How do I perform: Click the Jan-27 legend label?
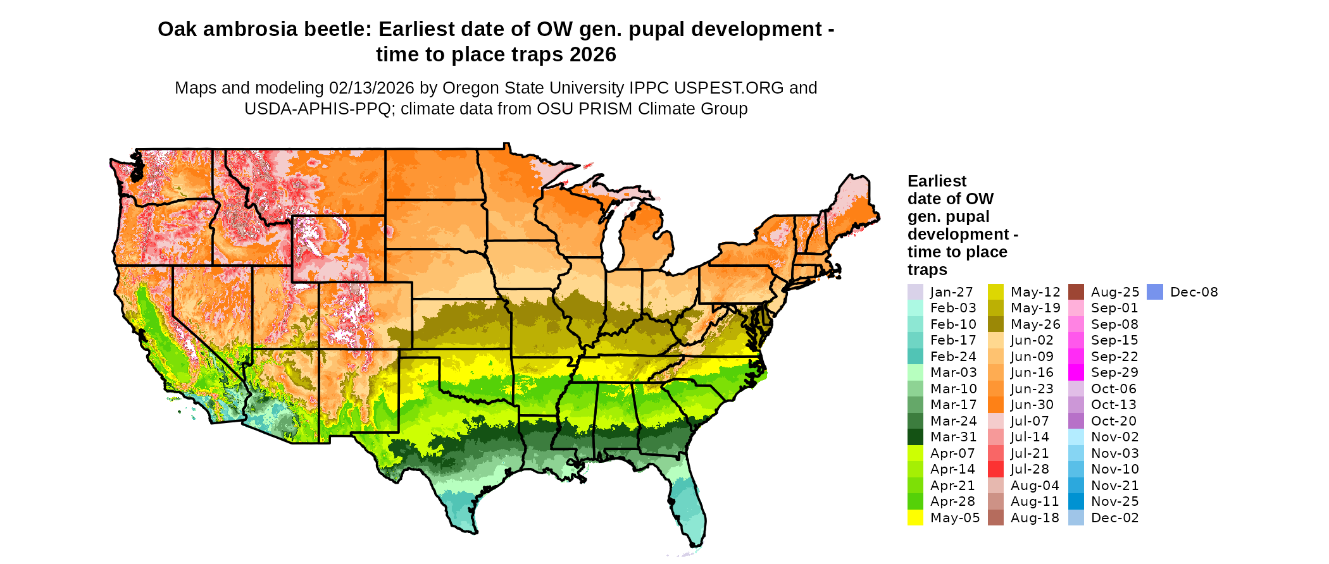tap(951, 292)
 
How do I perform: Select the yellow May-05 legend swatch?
tap(915, 518)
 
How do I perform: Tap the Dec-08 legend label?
tap(1194, 292)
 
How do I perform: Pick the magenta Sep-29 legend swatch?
tap(1076, 372)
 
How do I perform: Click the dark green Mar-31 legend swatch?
tap(915, 437)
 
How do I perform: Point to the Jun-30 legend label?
tap(1032, 405)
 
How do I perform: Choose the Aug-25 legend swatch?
tap(1076, 292)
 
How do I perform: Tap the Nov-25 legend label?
tap(1114, 501)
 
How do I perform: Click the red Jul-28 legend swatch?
tap(995, 469)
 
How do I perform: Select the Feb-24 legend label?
tap(953, 357)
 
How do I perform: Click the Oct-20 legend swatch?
tap(1076, 421)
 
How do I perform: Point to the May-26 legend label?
tap(1035, 324)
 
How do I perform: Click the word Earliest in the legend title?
tap(937, 181)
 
